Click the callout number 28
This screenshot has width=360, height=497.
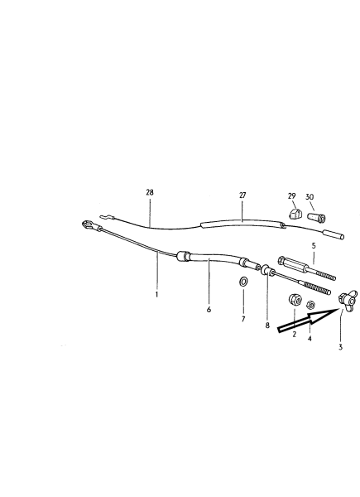pyautogui.click(x=150, y=192)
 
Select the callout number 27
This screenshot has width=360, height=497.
pyautogui.click(x=242, y=195)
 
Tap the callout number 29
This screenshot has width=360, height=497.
pyautogui.click(x=292, y=196)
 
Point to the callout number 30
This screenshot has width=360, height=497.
pyautogui.click(x=310, y=197)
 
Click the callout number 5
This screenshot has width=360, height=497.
pyautogui.click(x=314, y=245)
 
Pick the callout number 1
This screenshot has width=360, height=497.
pyautogui.click(x=156, y=294)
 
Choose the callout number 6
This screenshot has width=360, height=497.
pyautogui.click(x=209, y=309)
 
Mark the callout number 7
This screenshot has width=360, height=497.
pyautogui.click(x=243, y=319)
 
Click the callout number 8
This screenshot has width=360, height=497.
pyautogui.click(x=267, y=326)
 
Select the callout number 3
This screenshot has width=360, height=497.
pyautogui.click(x=340, y=347)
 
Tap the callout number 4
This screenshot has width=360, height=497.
pyautogui.click(x=310, y=339)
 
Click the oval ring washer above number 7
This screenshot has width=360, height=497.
pyautogui.click(x=243, y=281)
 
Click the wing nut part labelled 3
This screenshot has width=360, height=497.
pyautogui.click(x=348, y=300)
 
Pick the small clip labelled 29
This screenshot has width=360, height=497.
pyautogui.click(x=295, y=214)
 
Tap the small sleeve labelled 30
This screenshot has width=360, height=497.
pyautogui.click(x=316, y=217)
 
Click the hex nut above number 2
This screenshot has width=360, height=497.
pyautogui.click(x=295, y=300)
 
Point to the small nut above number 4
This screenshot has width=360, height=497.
pyautogui.click(x=310, y=305)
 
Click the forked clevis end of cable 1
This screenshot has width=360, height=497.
pyautogui.click(x=89, y=225)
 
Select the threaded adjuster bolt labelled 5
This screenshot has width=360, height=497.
pyautogui.click(x=306, y=268)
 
